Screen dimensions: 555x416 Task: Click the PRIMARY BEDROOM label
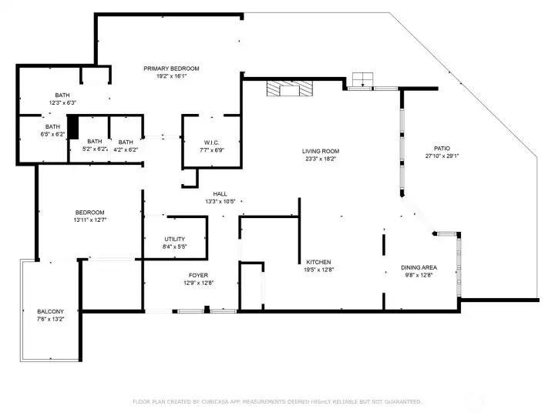[171, 69]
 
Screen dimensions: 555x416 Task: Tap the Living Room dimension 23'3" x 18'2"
[321, 159]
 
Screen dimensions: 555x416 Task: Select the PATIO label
[442, 148]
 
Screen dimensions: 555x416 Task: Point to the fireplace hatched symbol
[290, 88]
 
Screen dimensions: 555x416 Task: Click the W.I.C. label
[212, 143]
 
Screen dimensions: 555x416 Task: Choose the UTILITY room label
[174, 239]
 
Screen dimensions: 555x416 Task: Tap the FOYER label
[198, 275]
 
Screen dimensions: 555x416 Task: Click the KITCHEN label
[318, 262]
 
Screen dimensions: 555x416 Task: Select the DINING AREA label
[419, 267]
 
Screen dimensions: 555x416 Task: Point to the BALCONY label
[51, 311]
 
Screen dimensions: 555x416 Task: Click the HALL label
[220, 194]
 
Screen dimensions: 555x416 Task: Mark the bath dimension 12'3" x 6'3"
[62, 103]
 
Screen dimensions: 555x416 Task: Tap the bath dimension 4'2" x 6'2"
[126, 149]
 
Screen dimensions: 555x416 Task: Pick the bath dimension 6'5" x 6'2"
[52, 134]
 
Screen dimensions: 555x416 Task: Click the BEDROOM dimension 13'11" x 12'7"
[90, 220]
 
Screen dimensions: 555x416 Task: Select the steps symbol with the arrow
[362, 79]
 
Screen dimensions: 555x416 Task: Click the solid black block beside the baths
[73, 127]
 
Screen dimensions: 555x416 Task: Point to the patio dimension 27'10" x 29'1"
[442, 156]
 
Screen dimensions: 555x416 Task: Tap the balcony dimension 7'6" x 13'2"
[51, 319]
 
